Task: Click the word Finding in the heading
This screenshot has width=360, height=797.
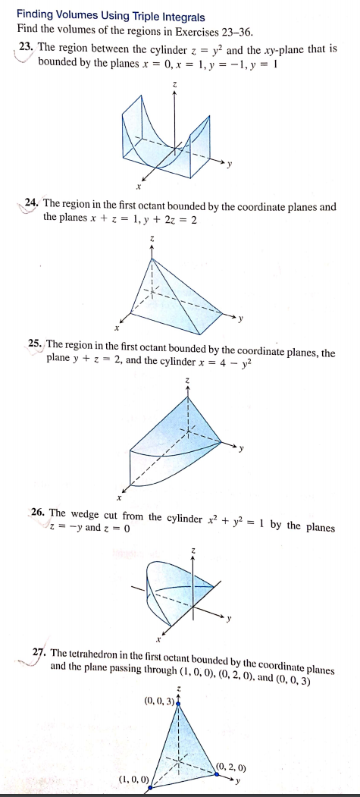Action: [x=36, y=14]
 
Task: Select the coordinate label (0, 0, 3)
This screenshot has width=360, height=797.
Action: [x=158, y=700]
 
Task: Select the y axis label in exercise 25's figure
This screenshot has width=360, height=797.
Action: [x=241, y=447]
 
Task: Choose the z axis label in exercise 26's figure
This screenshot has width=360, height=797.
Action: [x=195, y=548]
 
